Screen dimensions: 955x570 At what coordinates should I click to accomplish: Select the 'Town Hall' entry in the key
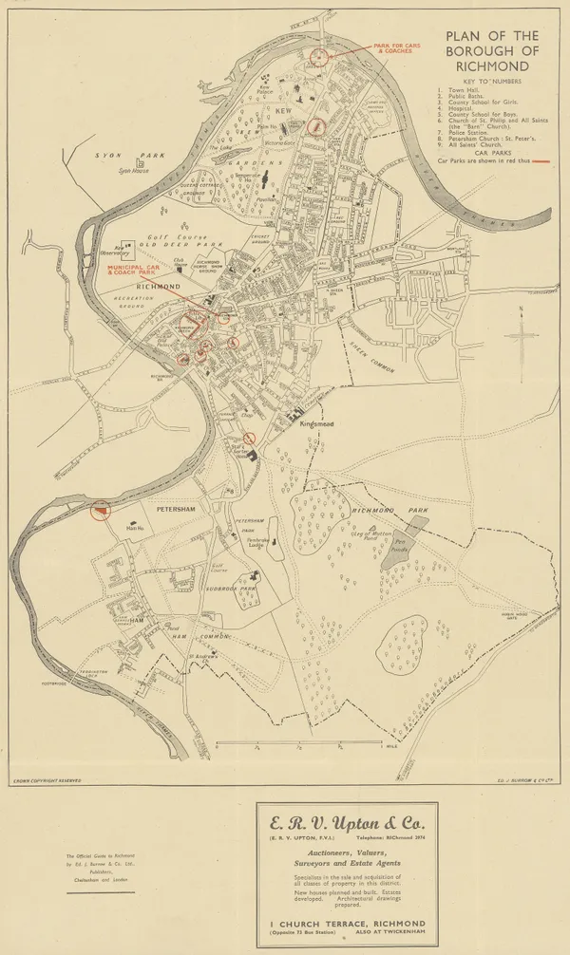point(465,91)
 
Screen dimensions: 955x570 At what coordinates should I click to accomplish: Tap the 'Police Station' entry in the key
point(468,133)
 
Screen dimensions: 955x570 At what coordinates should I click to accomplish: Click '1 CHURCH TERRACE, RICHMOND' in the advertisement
point(346,922)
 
